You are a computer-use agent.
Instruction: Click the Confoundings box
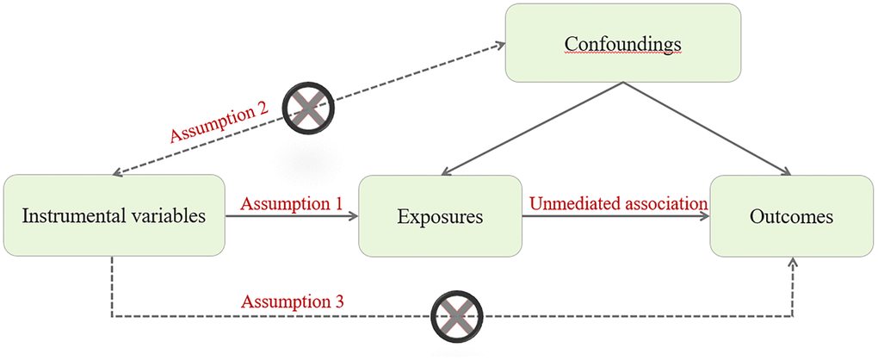622,42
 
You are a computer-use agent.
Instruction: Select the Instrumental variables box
114,215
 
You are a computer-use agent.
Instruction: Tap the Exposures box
440,215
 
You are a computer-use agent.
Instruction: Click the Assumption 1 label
292,204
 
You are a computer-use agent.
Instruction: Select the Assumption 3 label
294,302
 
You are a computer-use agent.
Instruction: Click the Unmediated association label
618,204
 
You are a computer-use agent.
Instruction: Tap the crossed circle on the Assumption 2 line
310,107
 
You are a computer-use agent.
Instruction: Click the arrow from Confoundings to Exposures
534,129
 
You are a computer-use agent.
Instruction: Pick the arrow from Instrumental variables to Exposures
292,216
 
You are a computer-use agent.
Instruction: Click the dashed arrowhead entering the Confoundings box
499,44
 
